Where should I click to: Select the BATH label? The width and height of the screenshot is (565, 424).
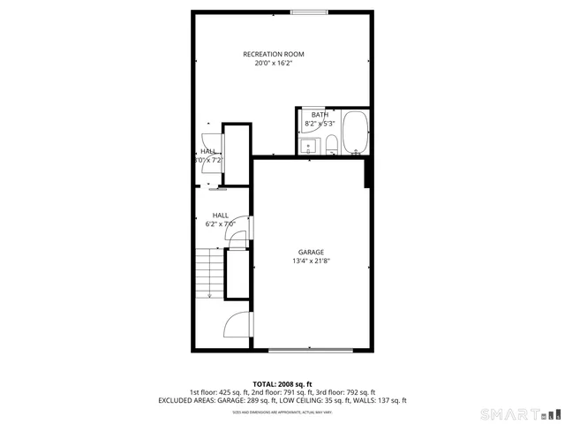[319, 115]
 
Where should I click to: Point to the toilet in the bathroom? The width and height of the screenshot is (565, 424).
[331, 144]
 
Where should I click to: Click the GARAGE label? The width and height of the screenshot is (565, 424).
[311, 252]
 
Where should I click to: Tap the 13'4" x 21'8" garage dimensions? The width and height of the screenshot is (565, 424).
[311, 261]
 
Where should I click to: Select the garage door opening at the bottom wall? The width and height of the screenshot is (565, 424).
[311, 351]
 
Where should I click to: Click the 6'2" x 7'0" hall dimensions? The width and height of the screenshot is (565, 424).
[220, 224]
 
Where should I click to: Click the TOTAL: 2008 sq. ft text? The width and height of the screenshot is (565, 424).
[282, 383]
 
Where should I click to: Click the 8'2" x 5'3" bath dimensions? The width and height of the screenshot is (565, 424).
[320, 124]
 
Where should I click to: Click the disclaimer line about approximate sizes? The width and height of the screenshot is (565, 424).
[282, 412]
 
